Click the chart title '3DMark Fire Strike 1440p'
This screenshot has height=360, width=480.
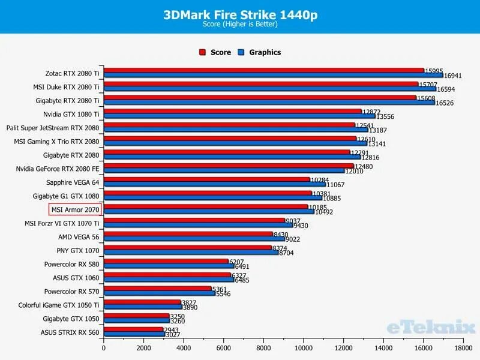240,15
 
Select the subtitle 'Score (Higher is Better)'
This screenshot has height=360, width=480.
240,25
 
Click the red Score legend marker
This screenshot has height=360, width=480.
203,52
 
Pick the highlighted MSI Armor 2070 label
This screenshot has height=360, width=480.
75,209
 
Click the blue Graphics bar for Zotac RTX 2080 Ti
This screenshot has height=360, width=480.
273,76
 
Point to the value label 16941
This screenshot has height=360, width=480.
454,76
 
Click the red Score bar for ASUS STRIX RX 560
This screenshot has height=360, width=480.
133,329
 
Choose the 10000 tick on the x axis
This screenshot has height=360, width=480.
304,347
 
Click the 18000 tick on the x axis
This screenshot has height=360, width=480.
463,347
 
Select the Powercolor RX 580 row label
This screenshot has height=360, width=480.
71,264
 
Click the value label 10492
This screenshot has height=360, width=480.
325,212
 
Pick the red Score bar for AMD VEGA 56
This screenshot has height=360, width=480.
188,234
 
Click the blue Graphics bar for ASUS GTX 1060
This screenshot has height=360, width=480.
169,280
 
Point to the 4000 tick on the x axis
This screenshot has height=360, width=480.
184,347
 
